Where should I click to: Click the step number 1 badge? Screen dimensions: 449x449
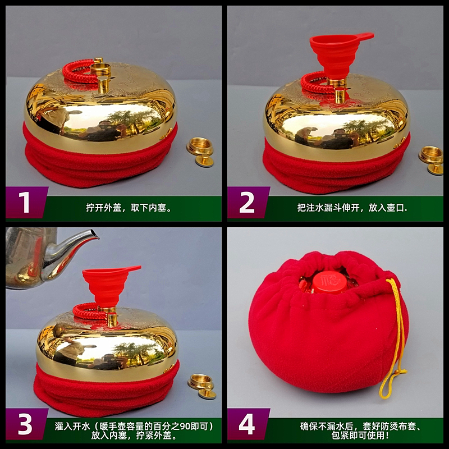tap(25, 202)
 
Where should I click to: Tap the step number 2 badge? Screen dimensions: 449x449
tap(247, 202)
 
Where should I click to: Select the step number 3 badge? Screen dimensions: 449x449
tap(25, 424)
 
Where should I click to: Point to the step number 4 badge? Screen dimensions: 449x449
tap(247, 424)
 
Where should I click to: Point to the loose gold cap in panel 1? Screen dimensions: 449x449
tap(201, 152)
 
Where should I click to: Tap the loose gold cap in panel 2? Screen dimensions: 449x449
tap(432, 159)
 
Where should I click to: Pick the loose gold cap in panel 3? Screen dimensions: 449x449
tap(203, 386)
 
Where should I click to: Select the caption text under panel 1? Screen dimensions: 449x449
tap(129, 207)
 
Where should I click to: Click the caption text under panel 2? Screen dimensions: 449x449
tap(352, 207)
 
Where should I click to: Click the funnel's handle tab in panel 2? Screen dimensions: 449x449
tap(364, 36)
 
